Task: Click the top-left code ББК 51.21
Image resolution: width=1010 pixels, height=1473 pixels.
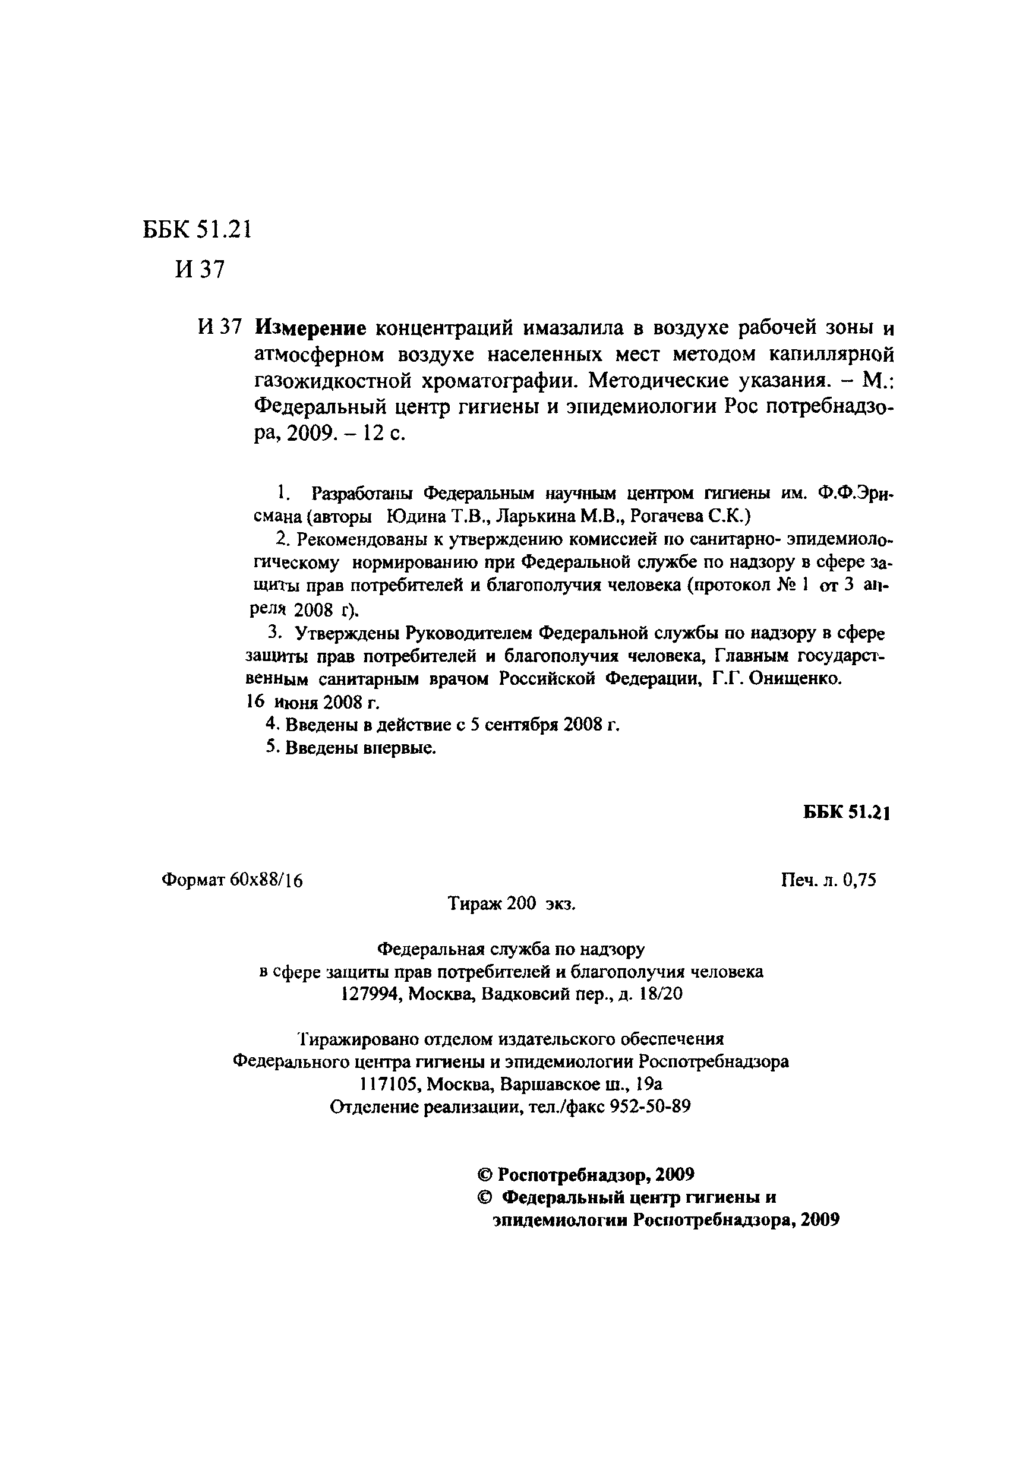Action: (197, 229)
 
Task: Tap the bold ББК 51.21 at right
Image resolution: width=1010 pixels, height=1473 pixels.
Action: (847, 813)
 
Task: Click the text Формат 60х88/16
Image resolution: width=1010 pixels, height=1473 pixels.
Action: (232, 880)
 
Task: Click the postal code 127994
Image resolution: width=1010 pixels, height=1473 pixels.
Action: (371, 994)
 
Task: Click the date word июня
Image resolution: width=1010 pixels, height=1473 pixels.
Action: (296, 702)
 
